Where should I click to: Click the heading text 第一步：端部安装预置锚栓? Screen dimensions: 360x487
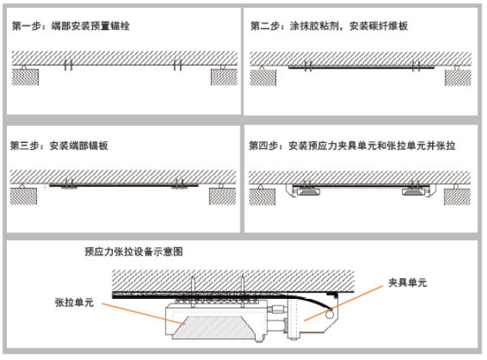71,26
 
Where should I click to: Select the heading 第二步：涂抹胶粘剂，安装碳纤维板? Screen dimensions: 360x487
329,26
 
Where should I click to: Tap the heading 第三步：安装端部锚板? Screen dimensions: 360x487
60,144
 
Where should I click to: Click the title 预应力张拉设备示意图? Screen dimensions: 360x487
134,252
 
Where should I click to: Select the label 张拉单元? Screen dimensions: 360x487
74,303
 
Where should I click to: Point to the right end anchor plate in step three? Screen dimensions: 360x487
179,185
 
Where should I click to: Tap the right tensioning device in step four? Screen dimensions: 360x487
417,191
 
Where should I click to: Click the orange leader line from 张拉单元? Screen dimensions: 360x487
135,311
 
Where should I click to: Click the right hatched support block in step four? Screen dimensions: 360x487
459,196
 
